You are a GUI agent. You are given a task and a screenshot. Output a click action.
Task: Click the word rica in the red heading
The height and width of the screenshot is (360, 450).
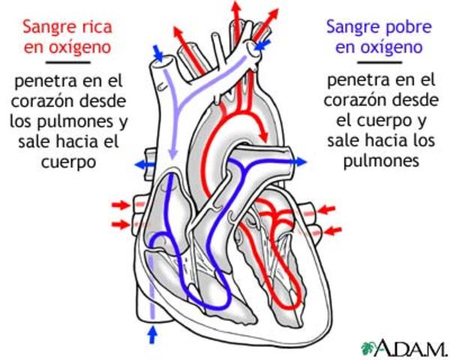pyautogui.click(x=95, y=28)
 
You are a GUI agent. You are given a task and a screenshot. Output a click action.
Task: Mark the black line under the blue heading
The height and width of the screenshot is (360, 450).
pyautogui.click(x=379, y=63)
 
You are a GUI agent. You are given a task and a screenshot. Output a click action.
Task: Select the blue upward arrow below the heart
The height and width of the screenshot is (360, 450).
pyautogui.click(x=153, y=334)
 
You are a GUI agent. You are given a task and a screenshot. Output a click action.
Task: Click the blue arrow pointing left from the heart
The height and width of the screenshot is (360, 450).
pyautogui.click(x=142, y=163)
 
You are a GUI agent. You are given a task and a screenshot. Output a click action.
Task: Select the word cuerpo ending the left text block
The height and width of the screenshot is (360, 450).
pyautogui.click(x=67, y=161)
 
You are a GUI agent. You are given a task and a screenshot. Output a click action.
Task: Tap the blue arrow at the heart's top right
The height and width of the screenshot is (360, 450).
pyautogui.click(x=261, y=46)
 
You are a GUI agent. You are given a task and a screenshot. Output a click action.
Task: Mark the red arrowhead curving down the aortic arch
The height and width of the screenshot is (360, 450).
pyautogui.click(x=263, y=135)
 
